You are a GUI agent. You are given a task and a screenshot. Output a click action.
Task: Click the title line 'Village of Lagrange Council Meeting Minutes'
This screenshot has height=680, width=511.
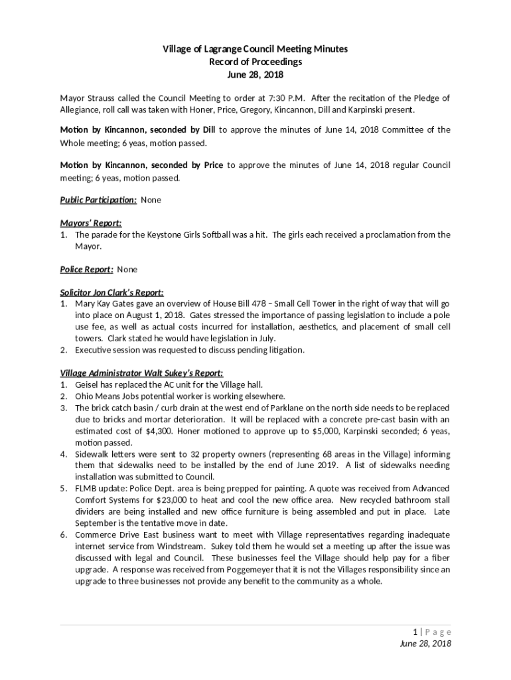click(256, 50)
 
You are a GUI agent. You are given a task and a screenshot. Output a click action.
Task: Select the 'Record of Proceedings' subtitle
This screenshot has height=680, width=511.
click(256, 62)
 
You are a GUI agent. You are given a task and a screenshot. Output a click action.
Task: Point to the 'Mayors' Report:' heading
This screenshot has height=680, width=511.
click(91, 223)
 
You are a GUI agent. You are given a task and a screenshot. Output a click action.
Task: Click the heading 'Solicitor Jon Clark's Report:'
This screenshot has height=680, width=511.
click(112, 292)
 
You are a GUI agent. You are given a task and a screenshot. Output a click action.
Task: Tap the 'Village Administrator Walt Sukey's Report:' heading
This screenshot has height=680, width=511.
click(142, 373)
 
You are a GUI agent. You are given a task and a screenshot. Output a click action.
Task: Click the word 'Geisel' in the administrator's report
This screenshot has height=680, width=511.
click(88, 384)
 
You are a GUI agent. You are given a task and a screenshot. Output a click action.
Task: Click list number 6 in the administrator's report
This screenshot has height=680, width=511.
click(64, 535)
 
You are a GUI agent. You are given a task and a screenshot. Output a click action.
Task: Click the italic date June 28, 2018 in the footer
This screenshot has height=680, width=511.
click(425, 644)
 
